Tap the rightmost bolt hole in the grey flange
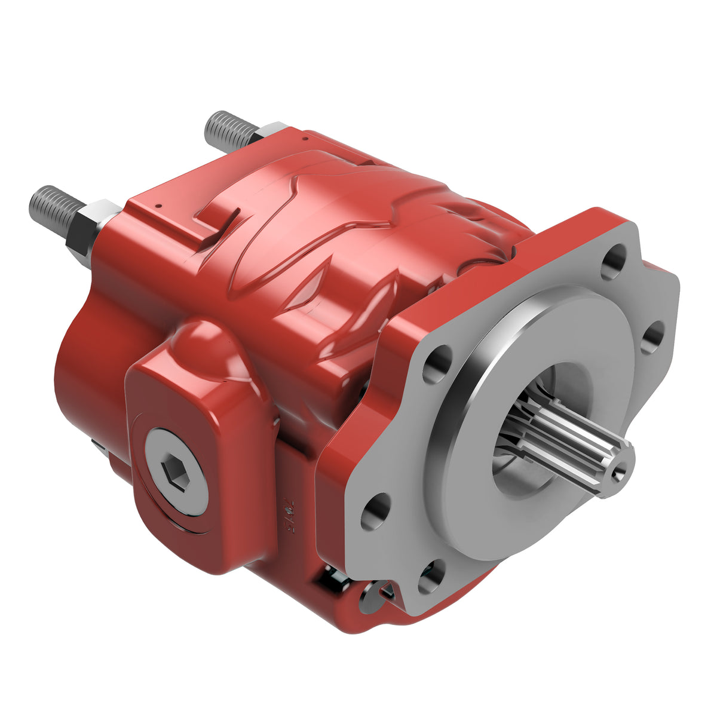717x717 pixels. click(654, 338)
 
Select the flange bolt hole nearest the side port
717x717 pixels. click(438, 364)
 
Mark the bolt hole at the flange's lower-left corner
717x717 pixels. click(375, 513)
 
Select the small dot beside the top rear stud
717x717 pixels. click(305, 138)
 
